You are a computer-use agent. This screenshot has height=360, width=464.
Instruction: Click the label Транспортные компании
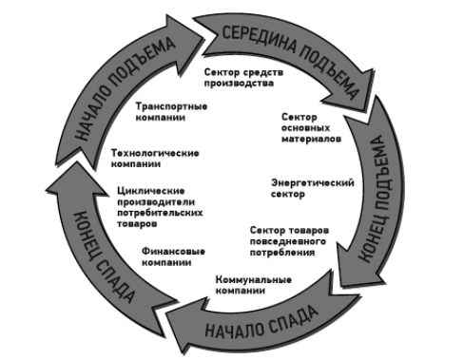[x=172, y=111]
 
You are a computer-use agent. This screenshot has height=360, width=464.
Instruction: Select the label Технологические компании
[x=154, y=157]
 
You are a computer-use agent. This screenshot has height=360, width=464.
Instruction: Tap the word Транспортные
[x=172, y=104]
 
